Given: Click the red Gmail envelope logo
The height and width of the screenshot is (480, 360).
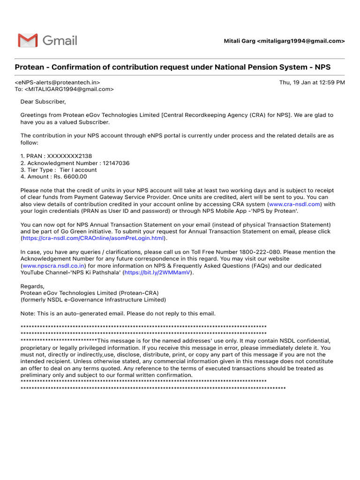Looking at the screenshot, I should (x=28, y=41).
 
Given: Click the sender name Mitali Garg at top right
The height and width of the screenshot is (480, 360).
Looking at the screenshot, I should (x=239, y=41).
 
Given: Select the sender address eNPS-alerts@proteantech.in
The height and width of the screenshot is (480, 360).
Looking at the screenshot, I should (x=58, y=82).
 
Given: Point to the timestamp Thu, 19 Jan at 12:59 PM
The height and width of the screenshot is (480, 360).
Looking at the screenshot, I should (x=312, y=82).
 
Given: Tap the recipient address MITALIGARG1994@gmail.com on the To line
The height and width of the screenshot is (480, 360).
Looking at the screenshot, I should (x=69, y=89).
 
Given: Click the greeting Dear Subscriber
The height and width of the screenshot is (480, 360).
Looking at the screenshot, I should (x=43, y=102).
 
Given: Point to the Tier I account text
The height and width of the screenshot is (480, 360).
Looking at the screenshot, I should (x=78, y=170).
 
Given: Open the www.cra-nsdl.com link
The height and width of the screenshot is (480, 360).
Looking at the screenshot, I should (x=294, y=204).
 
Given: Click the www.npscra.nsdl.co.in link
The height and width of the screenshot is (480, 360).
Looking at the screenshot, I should (x=53, y=266).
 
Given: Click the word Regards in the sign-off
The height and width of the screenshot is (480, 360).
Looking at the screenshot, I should (x=32, y=286).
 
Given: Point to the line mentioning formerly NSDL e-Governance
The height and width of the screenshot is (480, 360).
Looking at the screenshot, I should (x=93, y=300).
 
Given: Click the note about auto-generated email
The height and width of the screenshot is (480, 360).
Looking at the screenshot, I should (x=118, y=313).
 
